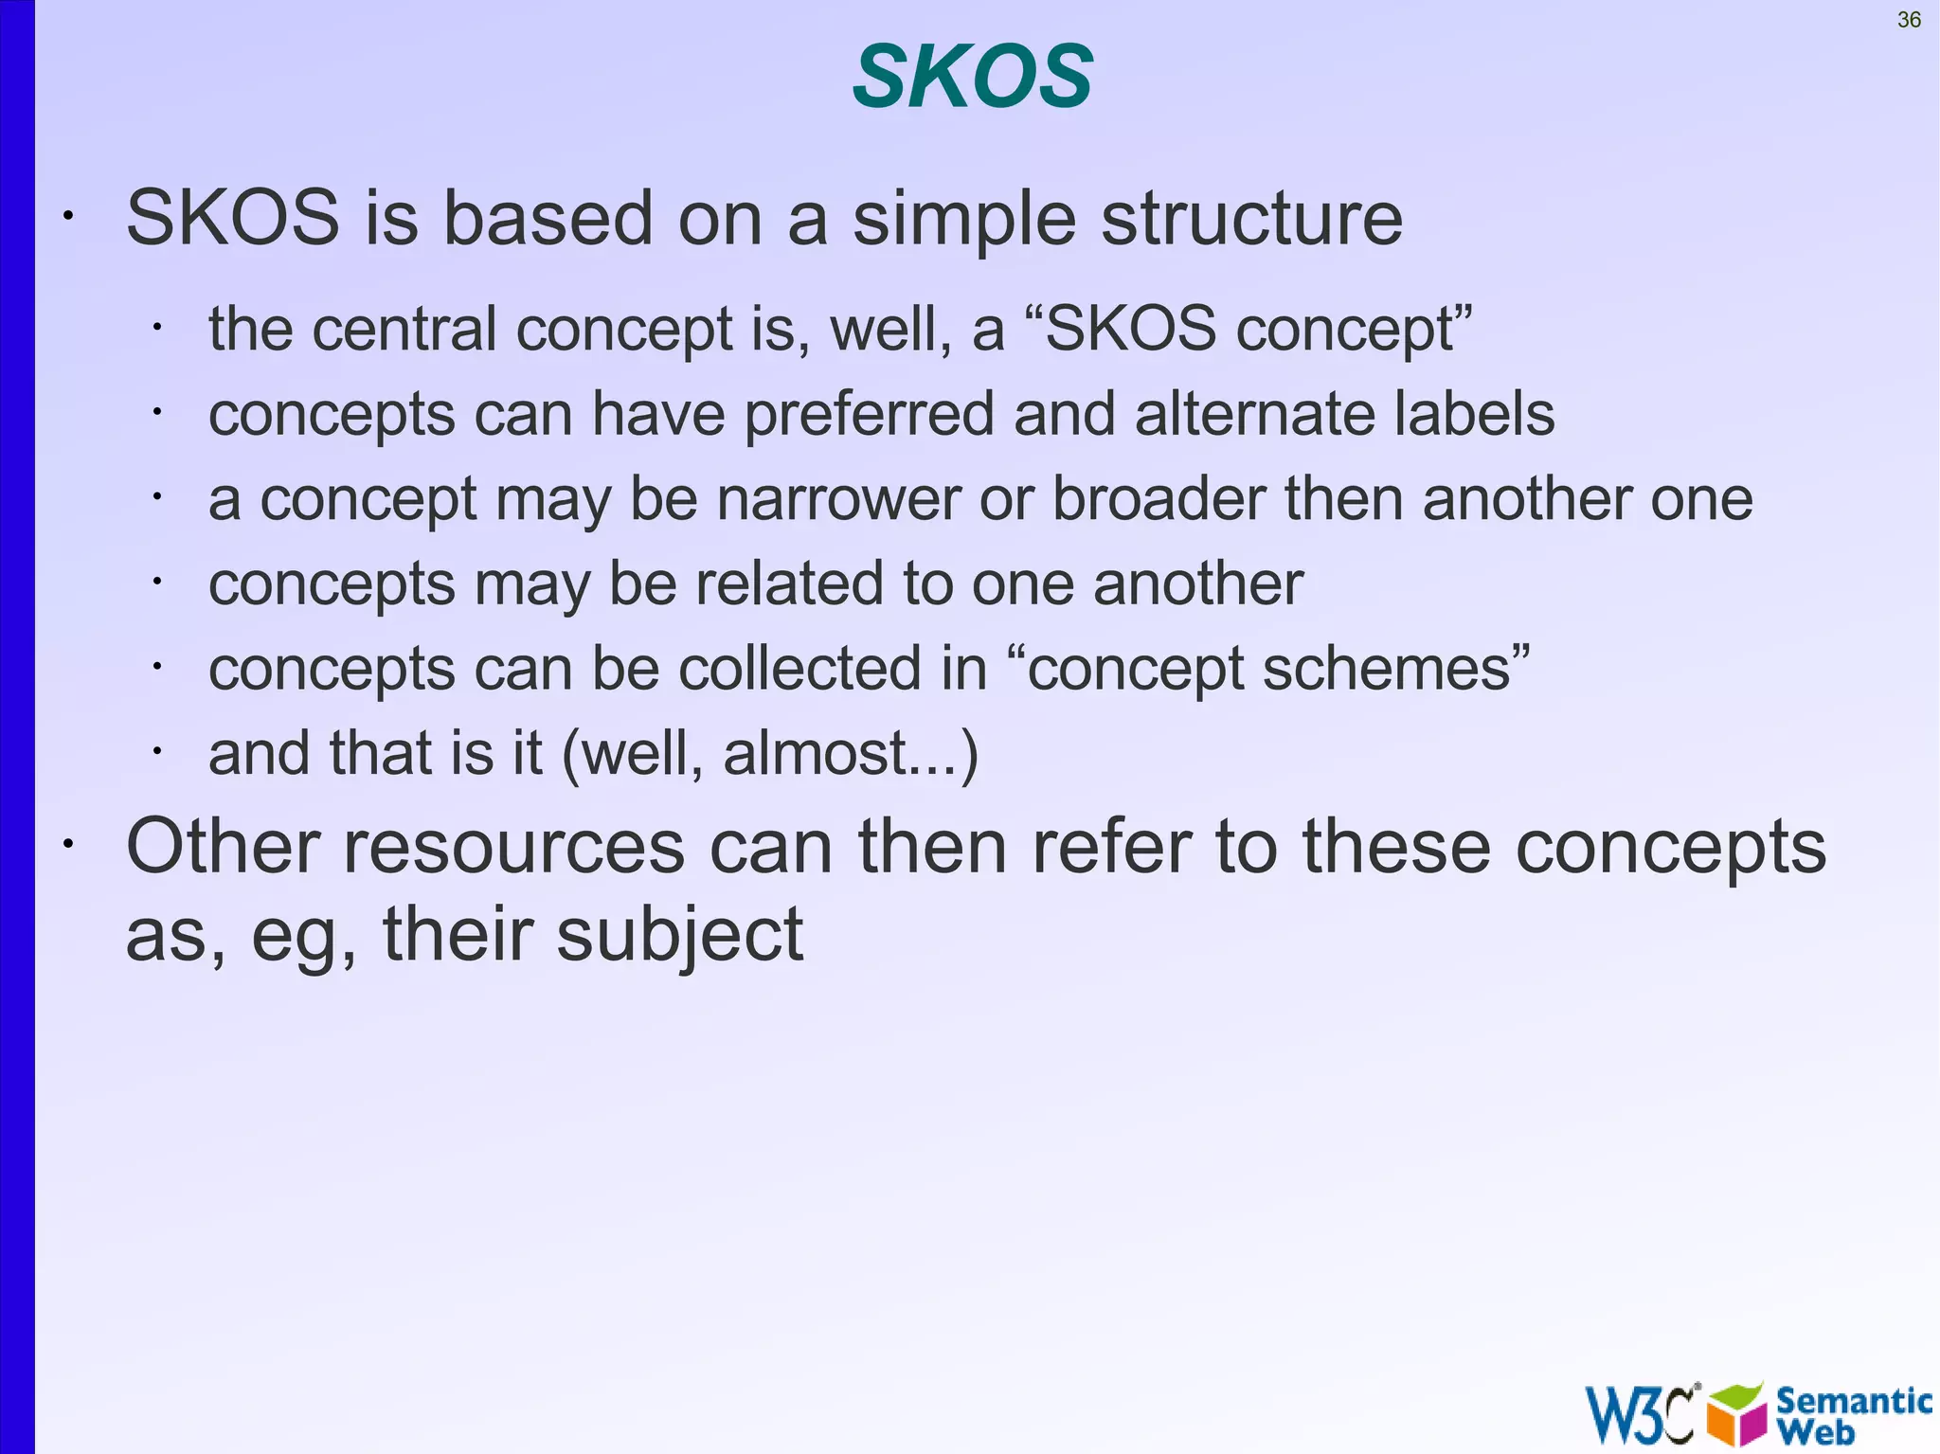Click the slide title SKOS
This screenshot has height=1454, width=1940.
(x=973, y=78)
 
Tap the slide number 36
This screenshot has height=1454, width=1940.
(x=1909, y=20)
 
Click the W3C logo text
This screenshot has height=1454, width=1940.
(x=1641, y=1414)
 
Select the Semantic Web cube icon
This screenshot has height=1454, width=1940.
(x=1737, y=1414)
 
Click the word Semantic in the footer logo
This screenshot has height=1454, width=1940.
(x=1853, y=1400)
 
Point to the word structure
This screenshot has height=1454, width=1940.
(x=1251, y=219)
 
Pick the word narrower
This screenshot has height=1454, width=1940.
(x=838, y=499)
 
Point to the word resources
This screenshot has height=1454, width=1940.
(x=512, y=846)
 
